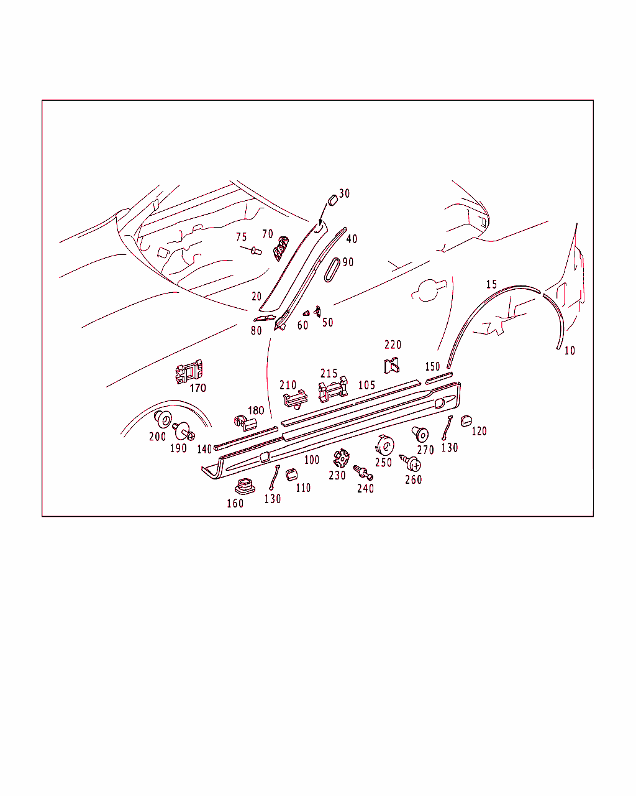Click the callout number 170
pyautogui.click(x=198, y=388)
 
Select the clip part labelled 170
pyautogui.click(x=189, y=371)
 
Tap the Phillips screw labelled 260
pyautogui.click(x=411, y=463)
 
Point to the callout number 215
pyautogui.click(x=329, y=373)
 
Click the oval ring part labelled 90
pyautogui.click(x=332, y=271)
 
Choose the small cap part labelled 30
pyautogui.click(x=333, y=200)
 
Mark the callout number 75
pyautogui.click(x=242, y=237)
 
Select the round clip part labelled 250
pyautogui.click(x=384, y=446)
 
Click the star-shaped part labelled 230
pyautogui.click(x=341, y=458)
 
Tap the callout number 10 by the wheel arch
pyautogui.click(x=570, y=351)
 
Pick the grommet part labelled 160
pyautogui.click(x=245, y=486)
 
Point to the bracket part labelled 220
pyautogui.click(x=391, y=366)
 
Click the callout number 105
pyautogui.click(x=366, y=386)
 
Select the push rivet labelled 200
pyautogui.click(x=163, y=419)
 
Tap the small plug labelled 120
pyautogui.click(x=466, y=421)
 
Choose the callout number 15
pyautogui.click(x=491, y=284)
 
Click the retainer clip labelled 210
pyautogui.click(x=295, y=399)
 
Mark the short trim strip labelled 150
pyautogui.click(x=438, y=378)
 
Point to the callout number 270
pyautogui.click(x=425, y=450)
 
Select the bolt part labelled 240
pyautogui.click(x=363, y=473)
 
